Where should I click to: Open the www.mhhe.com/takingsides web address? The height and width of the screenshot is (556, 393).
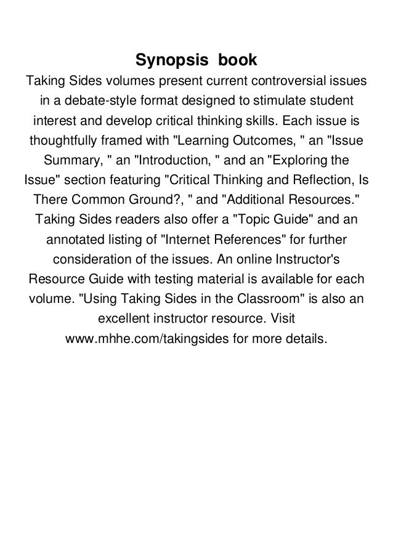point(139,339)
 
